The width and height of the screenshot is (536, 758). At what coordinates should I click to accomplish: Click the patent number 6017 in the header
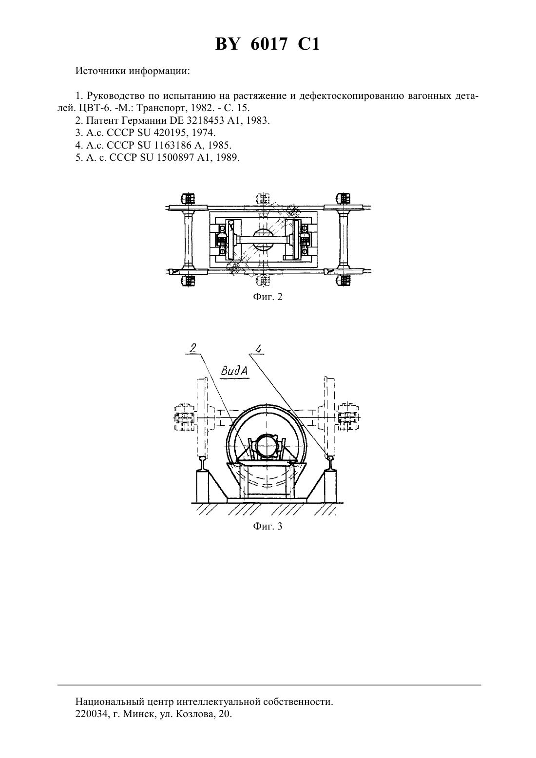pyautogui.click(x=268, y=44)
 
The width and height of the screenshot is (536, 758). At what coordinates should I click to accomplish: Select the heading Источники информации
pyautogui.click(x=133, y=72)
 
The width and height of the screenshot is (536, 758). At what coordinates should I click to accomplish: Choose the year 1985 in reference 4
pyautogui.click(x=220, y=145)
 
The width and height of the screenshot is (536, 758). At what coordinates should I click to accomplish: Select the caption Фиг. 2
pyautogui.click(x=268, y=297)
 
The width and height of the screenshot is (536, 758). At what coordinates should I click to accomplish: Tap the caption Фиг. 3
pyautogui.click(x=268, y=526)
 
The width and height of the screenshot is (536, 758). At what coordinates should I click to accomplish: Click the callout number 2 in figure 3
pyautogui.click(x=193, y=348)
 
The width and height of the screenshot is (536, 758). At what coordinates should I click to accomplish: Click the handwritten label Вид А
pyautogui.click(x=234, y=371)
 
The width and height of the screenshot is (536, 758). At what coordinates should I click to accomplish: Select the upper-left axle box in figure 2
pyautogui.click(x=188, y=198)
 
